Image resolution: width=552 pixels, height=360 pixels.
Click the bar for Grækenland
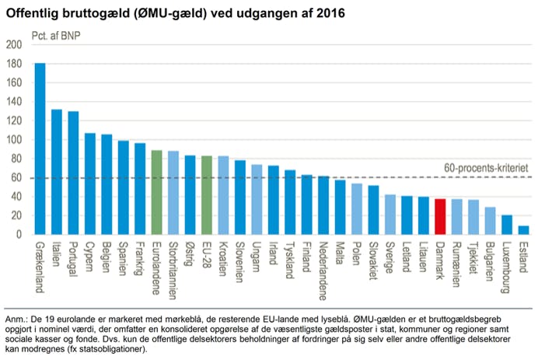[40, 149]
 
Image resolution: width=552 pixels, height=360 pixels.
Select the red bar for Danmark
[440, 217]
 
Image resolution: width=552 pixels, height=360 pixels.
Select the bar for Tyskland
[290, 202]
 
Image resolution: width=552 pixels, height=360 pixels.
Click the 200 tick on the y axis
[14, 45]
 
